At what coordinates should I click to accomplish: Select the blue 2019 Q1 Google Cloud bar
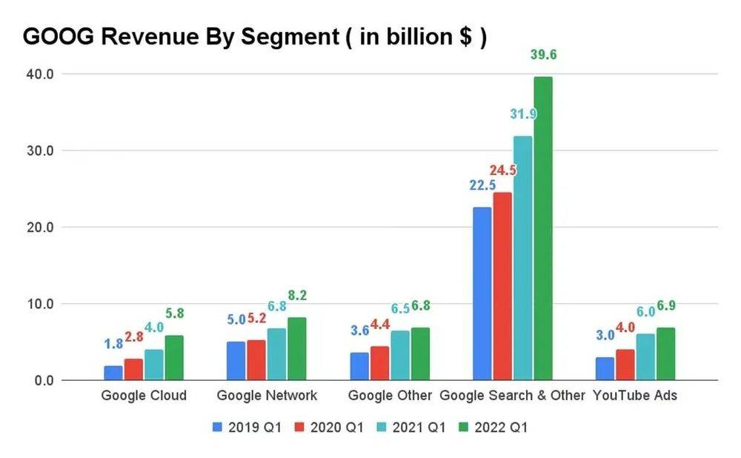(x=113, y=373)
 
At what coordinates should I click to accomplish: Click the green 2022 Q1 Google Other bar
(x=419, y=354)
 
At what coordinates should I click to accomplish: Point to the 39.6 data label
(x=543, y=54)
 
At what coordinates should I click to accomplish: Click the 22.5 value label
(x=482, y=185)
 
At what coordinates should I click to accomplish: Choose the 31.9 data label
(x=523, y=114)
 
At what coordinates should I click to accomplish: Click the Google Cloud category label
(x=144, y=396)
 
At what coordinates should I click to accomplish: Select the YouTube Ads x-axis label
(x=635, y=396)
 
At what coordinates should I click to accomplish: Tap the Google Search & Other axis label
(x=513, y=396)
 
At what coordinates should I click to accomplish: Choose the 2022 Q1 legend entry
(x=494, y=427)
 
